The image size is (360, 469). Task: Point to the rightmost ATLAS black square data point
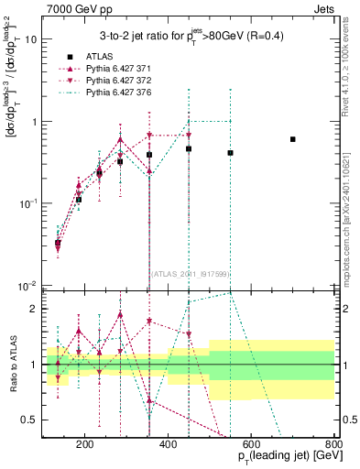(x=293, y=139)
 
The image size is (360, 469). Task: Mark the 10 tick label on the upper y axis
(x=30, y=39)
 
